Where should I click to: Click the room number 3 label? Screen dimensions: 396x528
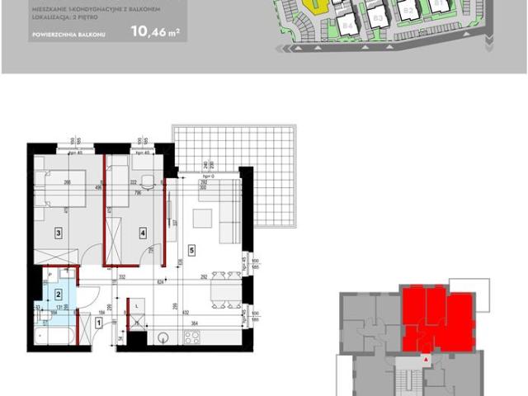coord(59,233)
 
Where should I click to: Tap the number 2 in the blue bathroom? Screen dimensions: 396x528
coord(59,291)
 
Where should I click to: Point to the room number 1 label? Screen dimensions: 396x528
coord(98,323)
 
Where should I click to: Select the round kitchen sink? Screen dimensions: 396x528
coord(163,337)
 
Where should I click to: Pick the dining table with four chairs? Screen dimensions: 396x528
coord(220,290)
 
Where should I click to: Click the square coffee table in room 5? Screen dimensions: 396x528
coord(201,218)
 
